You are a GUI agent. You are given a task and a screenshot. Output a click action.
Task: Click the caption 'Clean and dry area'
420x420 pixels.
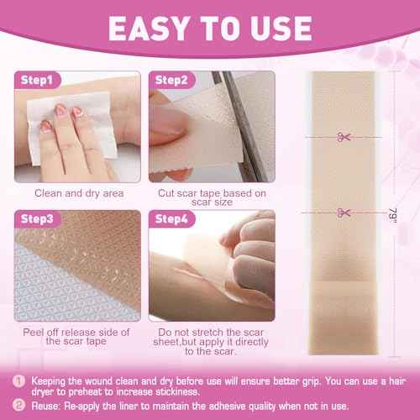point(79,192)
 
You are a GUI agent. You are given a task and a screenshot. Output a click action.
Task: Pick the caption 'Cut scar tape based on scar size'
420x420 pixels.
point(218,197)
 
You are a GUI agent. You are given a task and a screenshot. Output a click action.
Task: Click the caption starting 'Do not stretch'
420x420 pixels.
point(218,340)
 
